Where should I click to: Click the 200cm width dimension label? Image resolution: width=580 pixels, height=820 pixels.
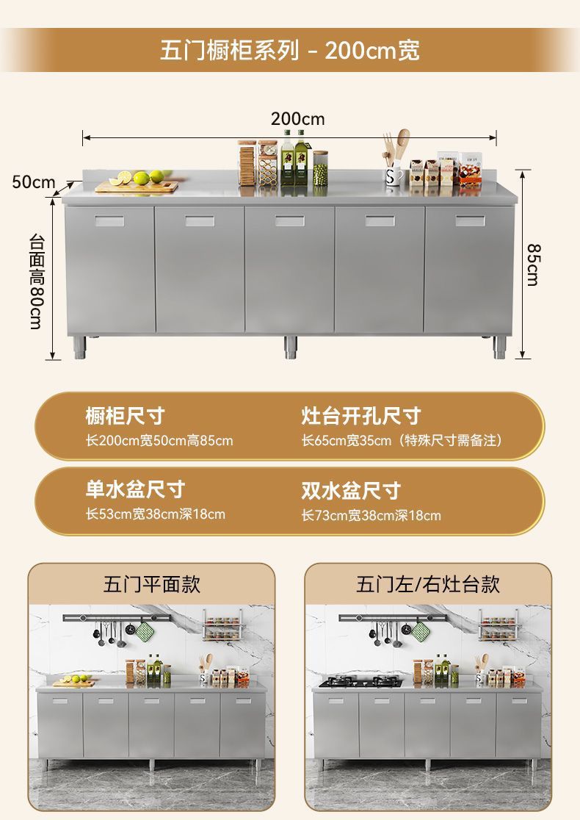[x=297, y=119]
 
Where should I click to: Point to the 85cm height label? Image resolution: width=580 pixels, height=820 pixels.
[x=534, y=265]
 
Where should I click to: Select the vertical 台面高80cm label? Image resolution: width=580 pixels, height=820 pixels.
[x=36, y=281]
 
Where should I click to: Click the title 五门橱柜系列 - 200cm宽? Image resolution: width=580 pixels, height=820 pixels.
[x=290, y=50]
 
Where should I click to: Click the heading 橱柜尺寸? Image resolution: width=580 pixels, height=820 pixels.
[x=125, y=416]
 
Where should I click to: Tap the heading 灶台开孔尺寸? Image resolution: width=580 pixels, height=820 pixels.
[x=361, y=416]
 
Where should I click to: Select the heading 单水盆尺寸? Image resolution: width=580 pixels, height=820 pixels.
[x=135, y=489]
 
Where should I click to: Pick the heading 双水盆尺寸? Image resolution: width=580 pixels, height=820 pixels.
[x=351, y=490]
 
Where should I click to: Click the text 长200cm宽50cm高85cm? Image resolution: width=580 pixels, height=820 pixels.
[x=159, y=441]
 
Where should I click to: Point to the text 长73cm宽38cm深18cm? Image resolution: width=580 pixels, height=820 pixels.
[x=371, y=515]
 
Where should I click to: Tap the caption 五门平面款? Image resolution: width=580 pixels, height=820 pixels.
[x=152, y=584]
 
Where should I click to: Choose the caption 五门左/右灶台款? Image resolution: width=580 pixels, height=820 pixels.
[x=428, y=584]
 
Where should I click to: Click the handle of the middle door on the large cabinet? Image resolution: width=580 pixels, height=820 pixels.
[x=289, y=220]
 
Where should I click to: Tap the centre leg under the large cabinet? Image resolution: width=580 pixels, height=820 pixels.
[x=291, y=347]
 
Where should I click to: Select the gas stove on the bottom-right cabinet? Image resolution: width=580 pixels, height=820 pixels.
[x=360, y=682]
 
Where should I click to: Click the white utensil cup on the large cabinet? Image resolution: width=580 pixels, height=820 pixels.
[x=394, y=176]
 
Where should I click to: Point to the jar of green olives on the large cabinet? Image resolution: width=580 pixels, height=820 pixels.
[x=320, y=173]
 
